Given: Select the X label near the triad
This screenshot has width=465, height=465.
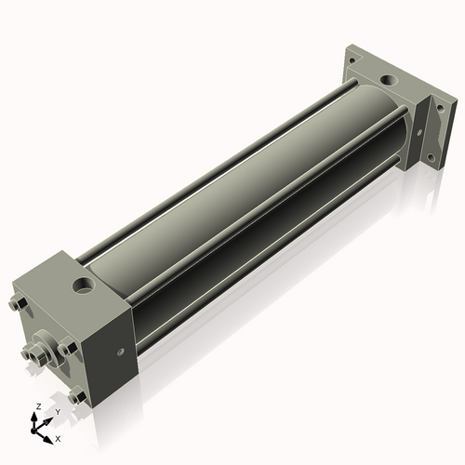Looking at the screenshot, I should point(59,436).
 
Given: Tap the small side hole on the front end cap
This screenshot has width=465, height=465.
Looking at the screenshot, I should point(122,351).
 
